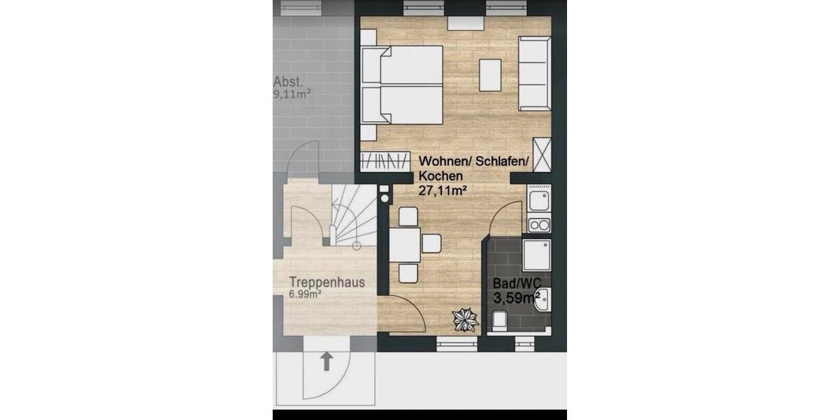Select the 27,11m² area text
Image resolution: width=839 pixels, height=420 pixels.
pyautogui.click(x=442, y=190)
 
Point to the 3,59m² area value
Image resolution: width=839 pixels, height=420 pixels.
pyautogui.click(x=517, y=298)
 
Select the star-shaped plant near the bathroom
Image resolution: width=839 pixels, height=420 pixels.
pyautogui.click(x=464, y=320)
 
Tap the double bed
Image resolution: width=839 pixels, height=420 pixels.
pyautogui.click(x=403, y=85)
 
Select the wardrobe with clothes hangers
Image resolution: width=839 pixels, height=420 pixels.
pyautogui.click(x=385, y=160)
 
